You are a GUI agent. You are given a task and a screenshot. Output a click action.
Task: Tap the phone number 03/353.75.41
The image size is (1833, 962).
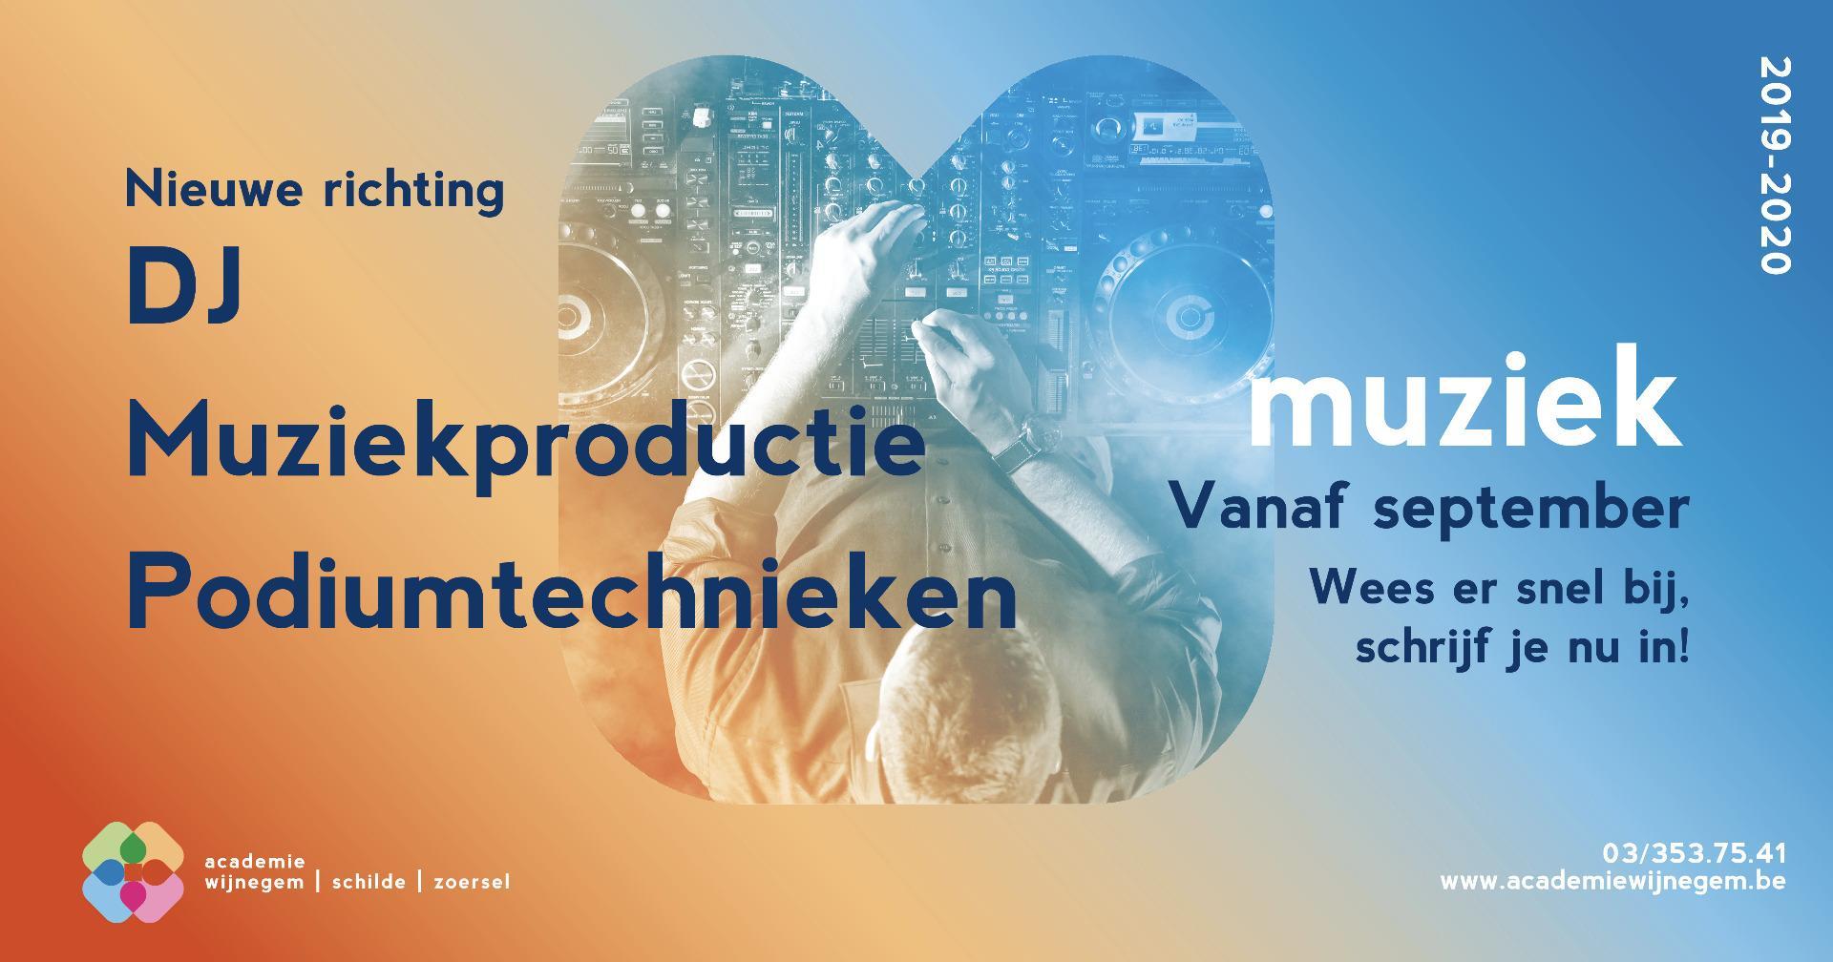click(x=1694, y=852)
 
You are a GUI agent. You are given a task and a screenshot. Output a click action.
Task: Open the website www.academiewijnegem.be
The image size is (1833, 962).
click(x=1612, y=881)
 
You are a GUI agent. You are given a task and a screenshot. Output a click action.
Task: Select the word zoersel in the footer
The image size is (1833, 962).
click(x=472, y=883)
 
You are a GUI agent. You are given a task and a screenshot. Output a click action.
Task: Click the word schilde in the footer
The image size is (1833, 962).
click(x=369, y=882)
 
